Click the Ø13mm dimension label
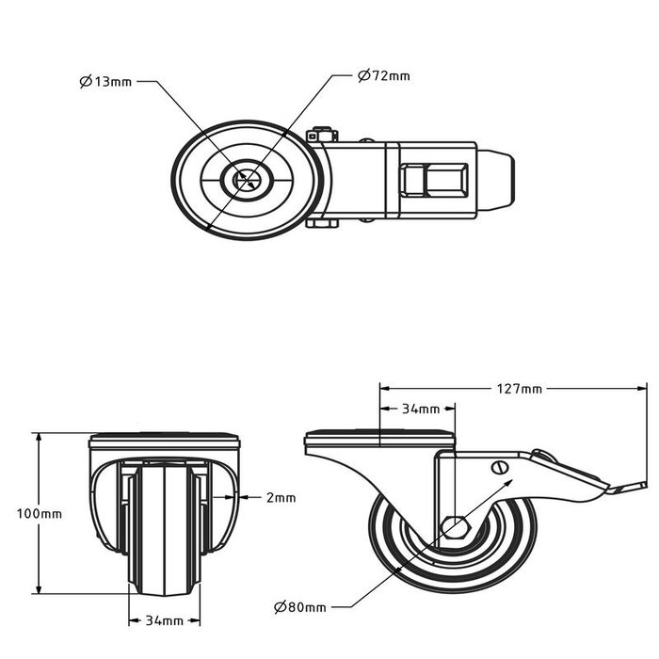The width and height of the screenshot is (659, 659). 105,82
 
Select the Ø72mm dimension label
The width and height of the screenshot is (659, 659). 383,75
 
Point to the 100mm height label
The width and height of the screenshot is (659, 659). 40,514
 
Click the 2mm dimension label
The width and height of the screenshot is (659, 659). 281,497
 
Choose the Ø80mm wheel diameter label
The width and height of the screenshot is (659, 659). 300,607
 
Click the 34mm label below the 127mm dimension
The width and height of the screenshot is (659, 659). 421,409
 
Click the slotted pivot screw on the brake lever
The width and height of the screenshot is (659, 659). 500,468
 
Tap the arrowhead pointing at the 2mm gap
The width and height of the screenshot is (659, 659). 237,497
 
